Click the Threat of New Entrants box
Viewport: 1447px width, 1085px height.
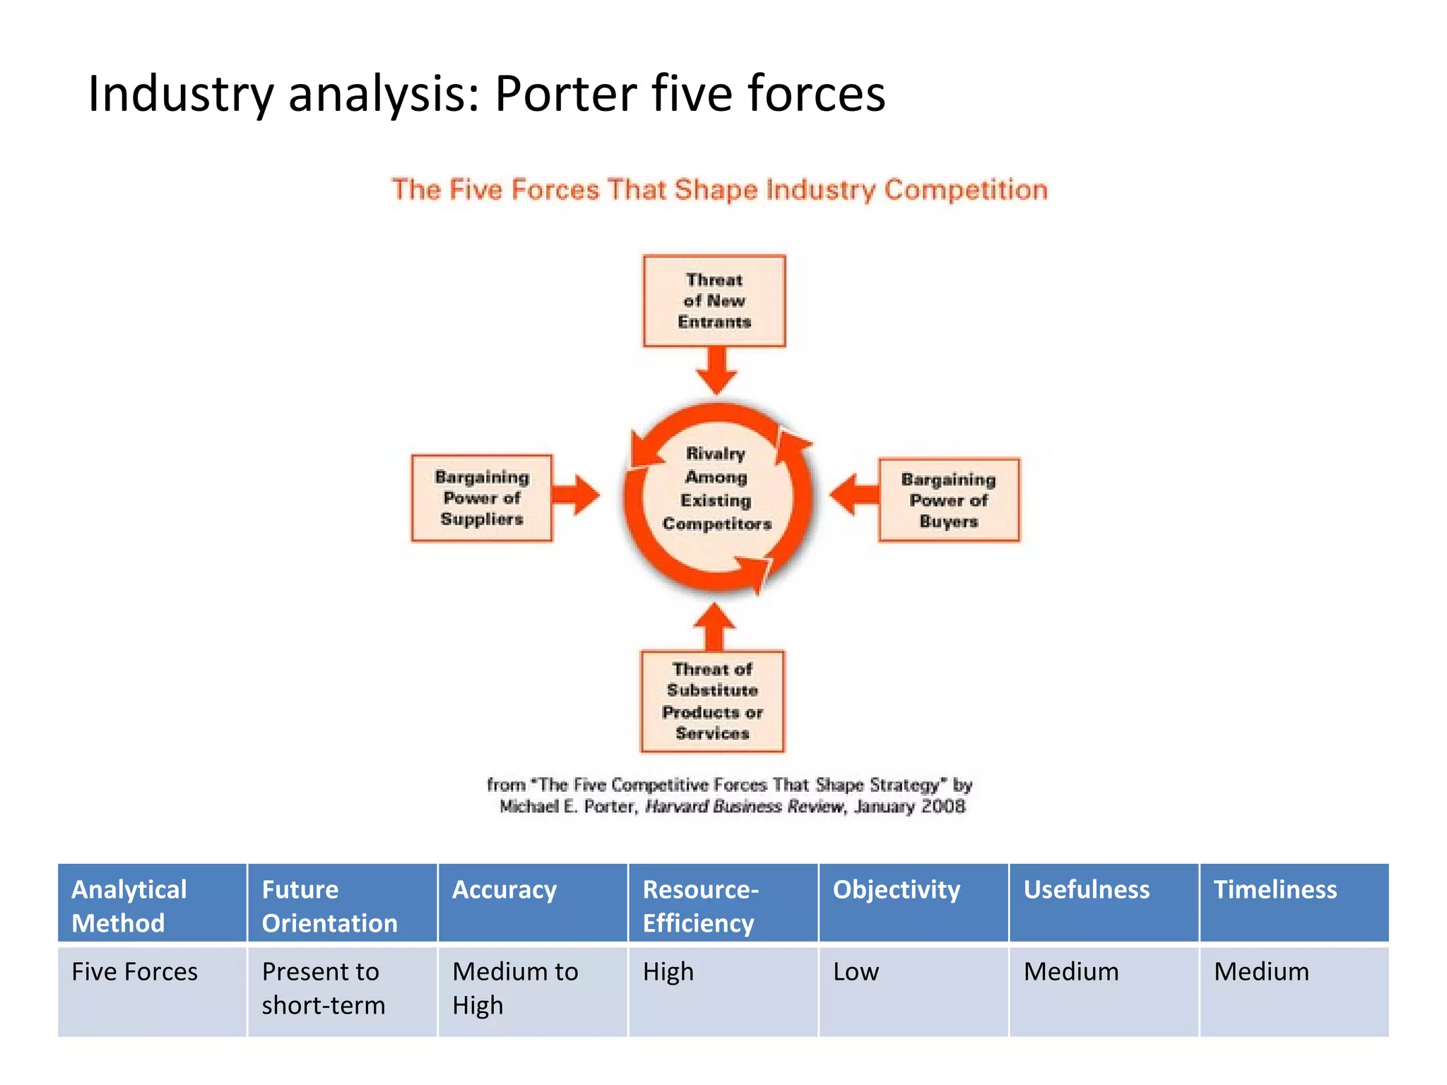coord(714,301)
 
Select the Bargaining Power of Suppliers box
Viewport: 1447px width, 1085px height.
coord(482,498)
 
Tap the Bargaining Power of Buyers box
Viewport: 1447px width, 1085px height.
coord(948,500)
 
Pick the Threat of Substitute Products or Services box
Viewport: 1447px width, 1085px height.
coord(712,701)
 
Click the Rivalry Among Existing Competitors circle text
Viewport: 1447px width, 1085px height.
coord(716,489)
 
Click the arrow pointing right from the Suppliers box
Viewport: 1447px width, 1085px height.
coord(576,494)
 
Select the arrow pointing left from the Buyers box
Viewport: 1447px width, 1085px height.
coord(854,494)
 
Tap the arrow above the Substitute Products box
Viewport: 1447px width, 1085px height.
coord(714,627)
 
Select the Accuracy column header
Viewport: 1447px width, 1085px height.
coord(504,890)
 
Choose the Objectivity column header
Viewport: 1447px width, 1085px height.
coord(896,890)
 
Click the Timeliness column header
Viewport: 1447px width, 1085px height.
coord(1275,890)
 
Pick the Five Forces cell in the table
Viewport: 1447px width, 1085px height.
coord(134,972)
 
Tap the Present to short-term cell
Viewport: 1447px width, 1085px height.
coord(324,988)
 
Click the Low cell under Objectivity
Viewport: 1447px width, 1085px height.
coord(856,972)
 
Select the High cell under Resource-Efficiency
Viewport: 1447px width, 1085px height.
coord(668,972)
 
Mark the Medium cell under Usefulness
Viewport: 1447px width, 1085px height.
coord(1070,972)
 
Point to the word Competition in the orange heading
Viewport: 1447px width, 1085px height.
coord(965,190)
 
